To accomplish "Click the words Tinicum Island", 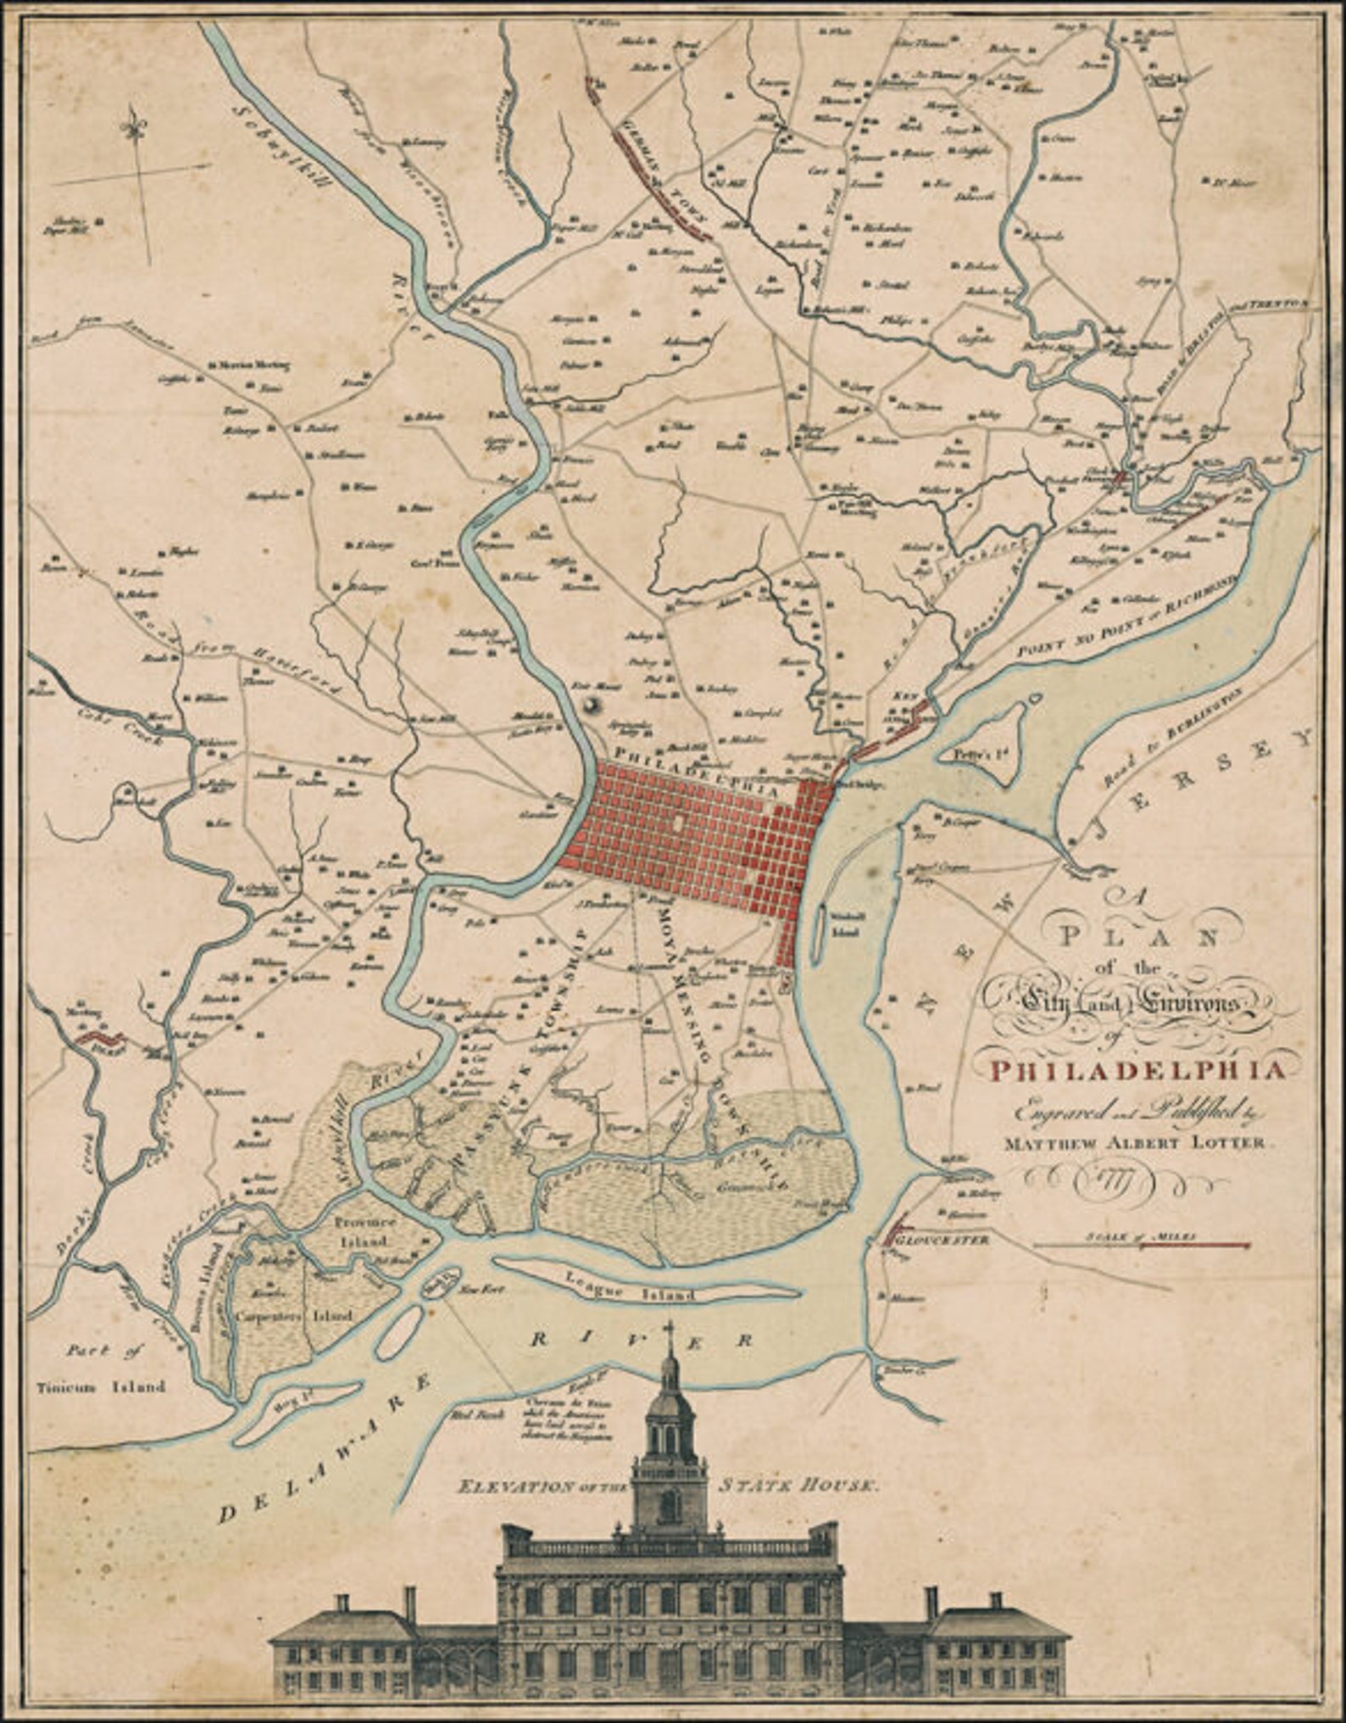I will point(101,1388).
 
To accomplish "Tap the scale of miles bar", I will point(1141,1246).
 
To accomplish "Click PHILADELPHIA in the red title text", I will point(1137,1072).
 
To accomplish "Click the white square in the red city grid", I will point(679,823).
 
